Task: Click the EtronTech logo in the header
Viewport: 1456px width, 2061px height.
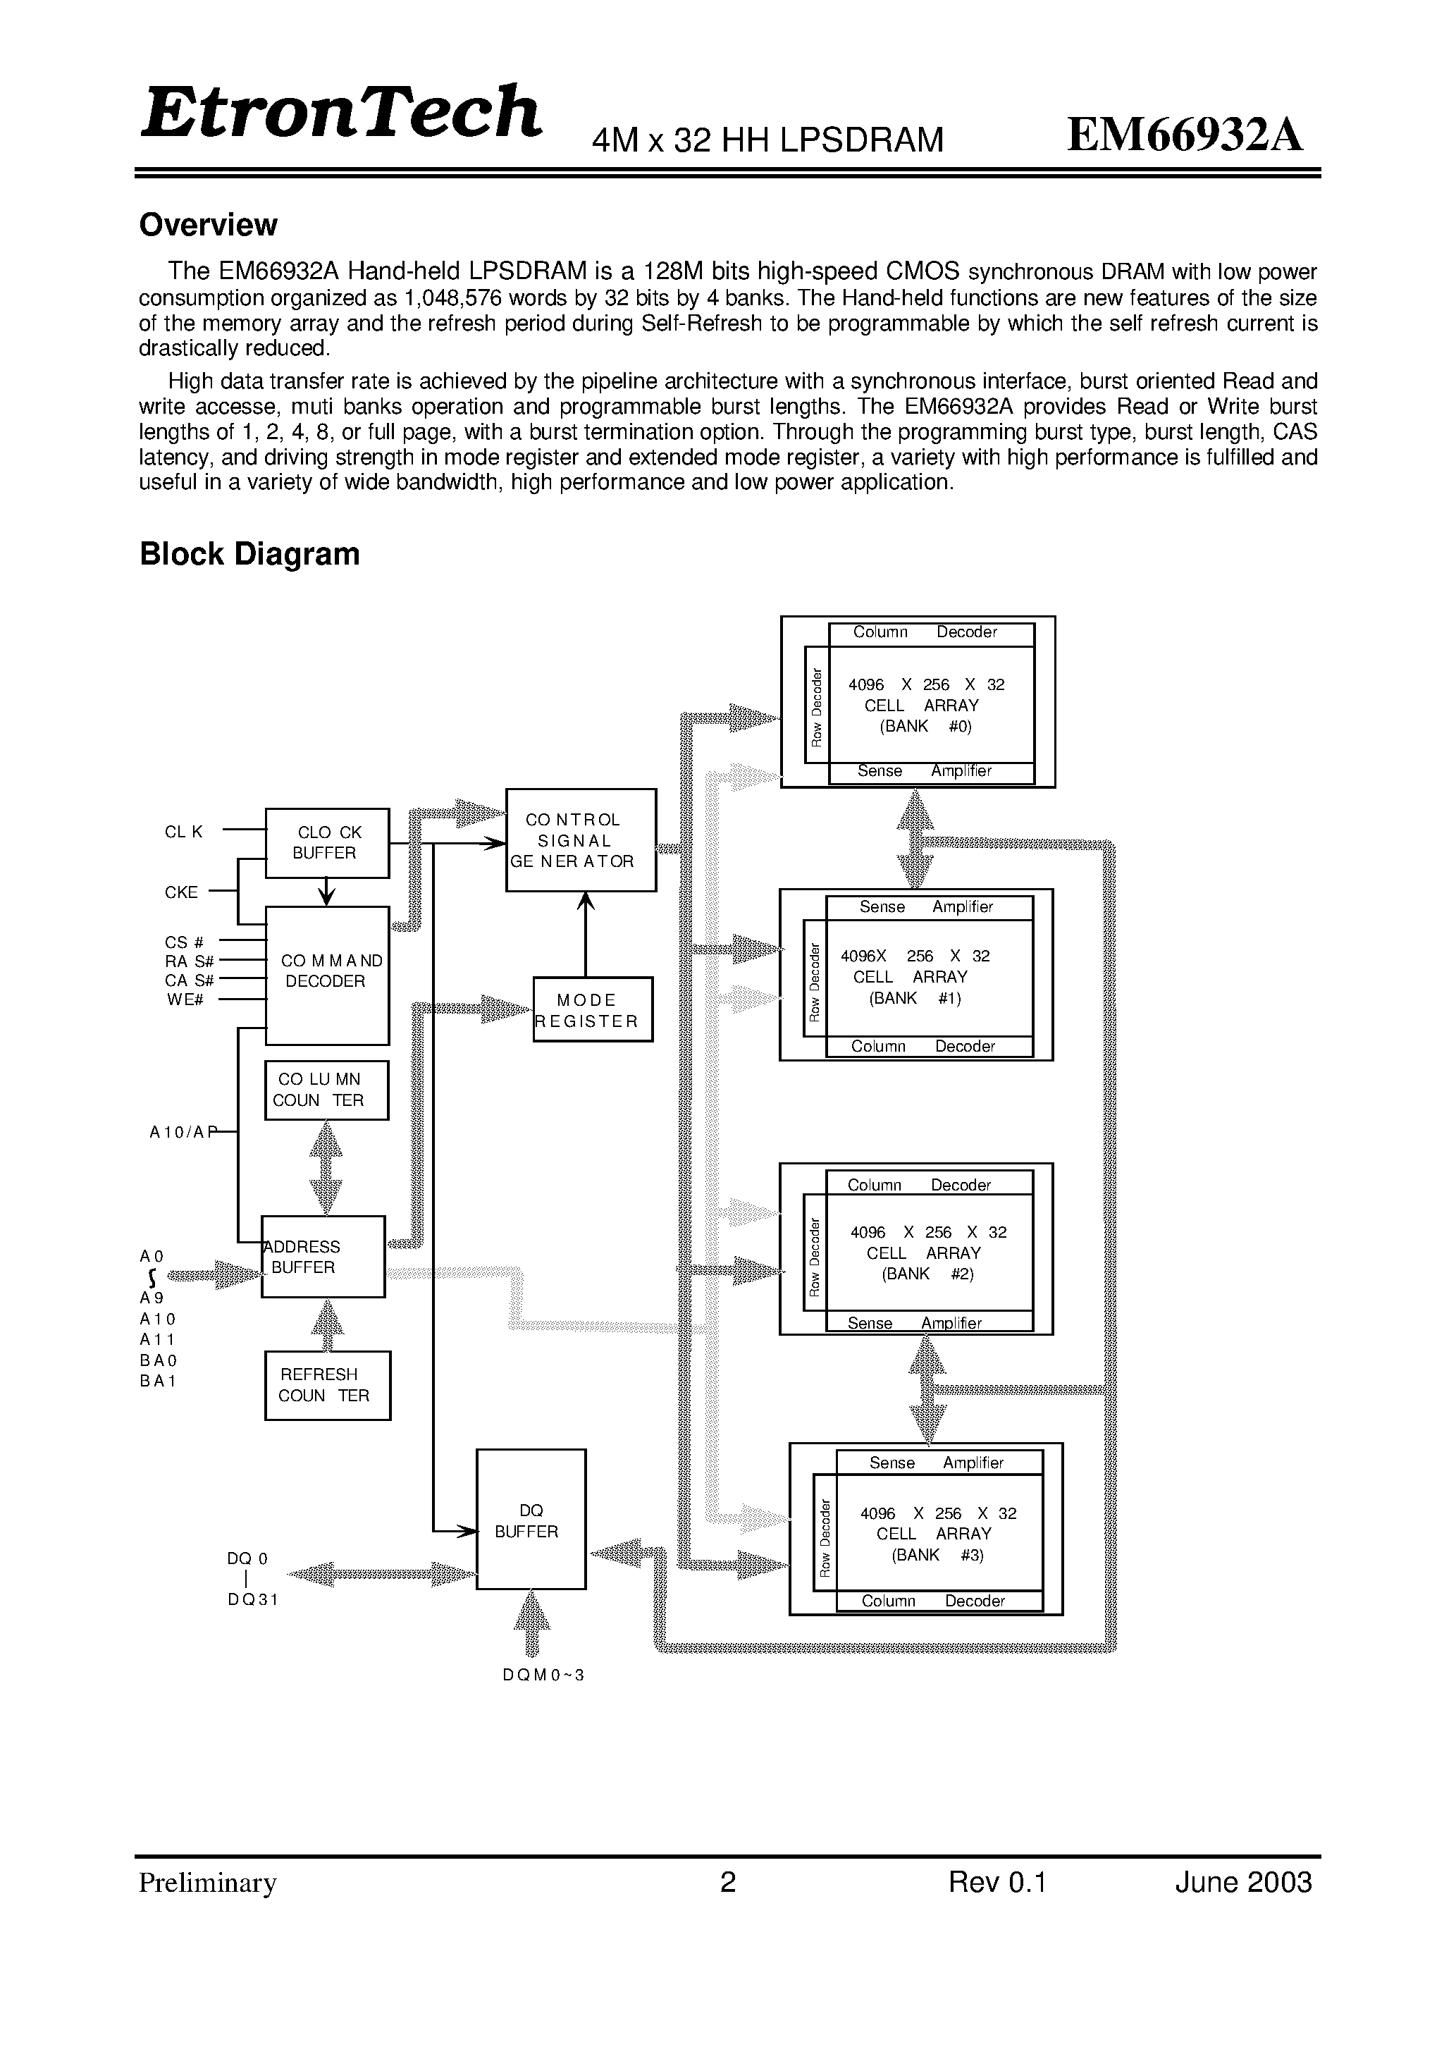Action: point(341,112)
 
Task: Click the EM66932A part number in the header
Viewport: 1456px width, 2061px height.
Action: point(1185,135)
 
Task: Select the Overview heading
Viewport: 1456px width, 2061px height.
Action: point(209,224)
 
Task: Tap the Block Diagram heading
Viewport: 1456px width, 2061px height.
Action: point(249,554)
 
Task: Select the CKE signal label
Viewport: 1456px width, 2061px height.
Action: point(181,892)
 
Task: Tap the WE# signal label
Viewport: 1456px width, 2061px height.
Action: point(185,999)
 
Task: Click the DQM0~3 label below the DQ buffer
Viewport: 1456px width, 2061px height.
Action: point(544,1675)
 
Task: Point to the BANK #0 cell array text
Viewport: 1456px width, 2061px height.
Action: point(925,726)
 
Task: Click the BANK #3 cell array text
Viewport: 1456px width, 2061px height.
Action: point(938,1555)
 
